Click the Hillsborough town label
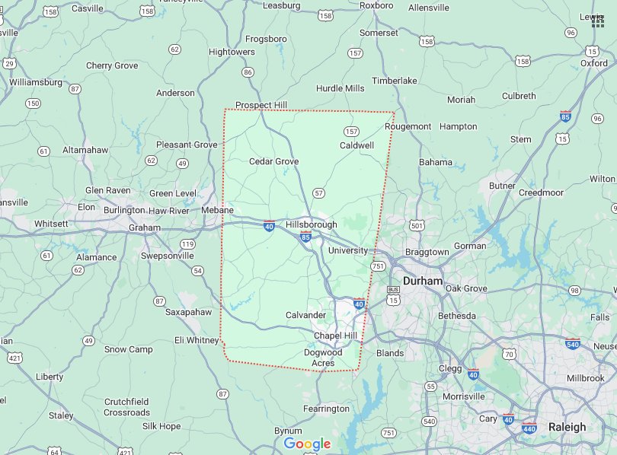pos(311,225)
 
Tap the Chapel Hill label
pos(335,336)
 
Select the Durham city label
pos(422,281)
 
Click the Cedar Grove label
pos(273,161)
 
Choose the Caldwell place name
pos(356,145)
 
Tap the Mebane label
pos(217,210)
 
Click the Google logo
pos(307,444)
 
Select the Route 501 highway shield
pos(416,225)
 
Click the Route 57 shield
pos(318,192)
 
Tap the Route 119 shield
pos(187,244)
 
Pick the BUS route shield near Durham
pos(393,290)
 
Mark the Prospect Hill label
pos(261,105)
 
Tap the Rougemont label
pos(408,126)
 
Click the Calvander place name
pos(305,315)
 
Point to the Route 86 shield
pos(247,72)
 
